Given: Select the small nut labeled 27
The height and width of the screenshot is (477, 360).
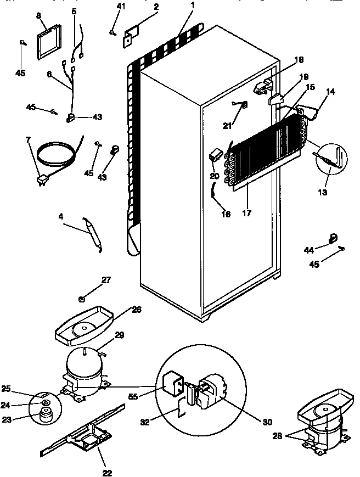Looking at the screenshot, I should [x=81, y=299].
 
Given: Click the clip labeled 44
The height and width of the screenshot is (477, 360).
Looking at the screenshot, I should [x=331, y=237].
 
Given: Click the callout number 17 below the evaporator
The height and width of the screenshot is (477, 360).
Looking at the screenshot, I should [x=246, y=214].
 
